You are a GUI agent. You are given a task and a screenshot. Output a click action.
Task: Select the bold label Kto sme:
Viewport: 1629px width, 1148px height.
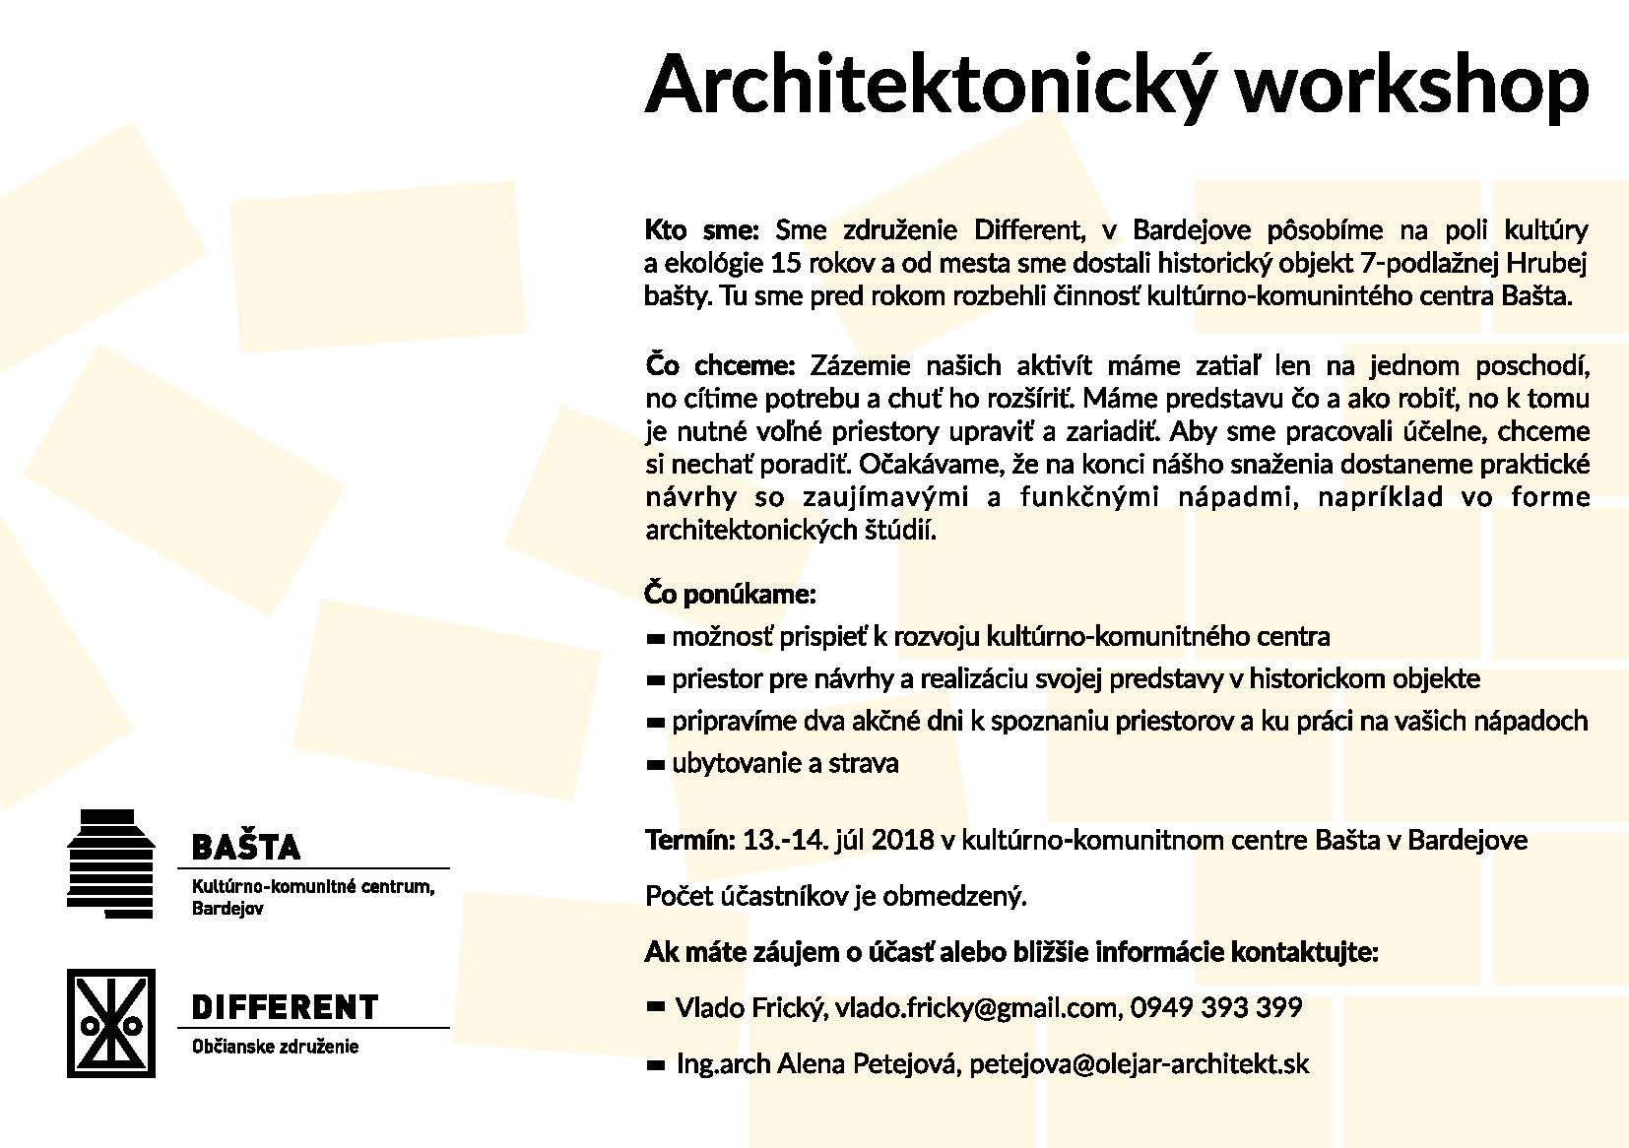pyautogui.click(x=701, y=230)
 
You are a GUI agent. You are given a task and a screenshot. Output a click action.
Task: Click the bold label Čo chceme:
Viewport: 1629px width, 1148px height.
pyautogui.click(x=720, y=366)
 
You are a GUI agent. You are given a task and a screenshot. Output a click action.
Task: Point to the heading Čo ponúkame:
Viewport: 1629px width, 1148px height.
pyautogui.click(x=731, y=595)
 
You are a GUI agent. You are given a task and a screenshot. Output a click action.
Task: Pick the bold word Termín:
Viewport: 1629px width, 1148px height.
pyautogui.click(x=689, y=841)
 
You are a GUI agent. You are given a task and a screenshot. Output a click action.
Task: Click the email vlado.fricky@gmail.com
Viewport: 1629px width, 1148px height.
pyautogui.click(x=977, y=1008)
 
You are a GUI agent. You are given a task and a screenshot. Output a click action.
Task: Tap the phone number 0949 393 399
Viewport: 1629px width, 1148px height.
pyautogui.click(x=1216, y=1008)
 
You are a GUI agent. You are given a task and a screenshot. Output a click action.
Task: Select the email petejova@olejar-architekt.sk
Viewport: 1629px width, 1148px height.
pyautogui.click(x=1140, y=1064)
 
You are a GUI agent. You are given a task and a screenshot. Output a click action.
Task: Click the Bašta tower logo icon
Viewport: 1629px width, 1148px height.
pyautogui.click(x=109, y=863)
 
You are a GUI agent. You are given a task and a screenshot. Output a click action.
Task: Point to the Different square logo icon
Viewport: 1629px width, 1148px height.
pyautogui.click(x=110, y=1023)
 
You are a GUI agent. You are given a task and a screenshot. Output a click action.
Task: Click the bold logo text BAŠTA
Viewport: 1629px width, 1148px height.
pyautogui.click(x=246, y=847)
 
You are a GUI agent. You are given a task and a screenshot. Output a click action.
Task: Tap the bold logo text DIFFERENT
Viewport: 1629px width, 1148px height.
pyautogui.click(x=285, y=1007)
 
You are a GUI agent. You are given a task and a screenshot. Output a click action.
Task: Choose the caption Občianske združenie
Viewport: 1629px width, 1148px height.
pyautogui.click(x=275, y=1047)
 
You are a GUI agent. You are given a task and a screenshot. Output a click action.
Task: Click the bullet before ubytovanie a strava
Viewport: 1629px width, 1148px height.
pyautogui.click(x=656, y=765)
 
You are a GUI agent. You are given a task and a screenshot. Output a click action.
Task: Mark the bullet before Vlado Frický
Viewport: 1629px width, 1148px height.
pyautogui.click(x=656, y=1007)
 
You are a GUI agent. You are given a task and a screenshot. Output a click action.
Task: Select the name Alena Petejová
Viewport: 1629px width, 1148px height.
pyautogui.click(x=869, y=1064)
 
